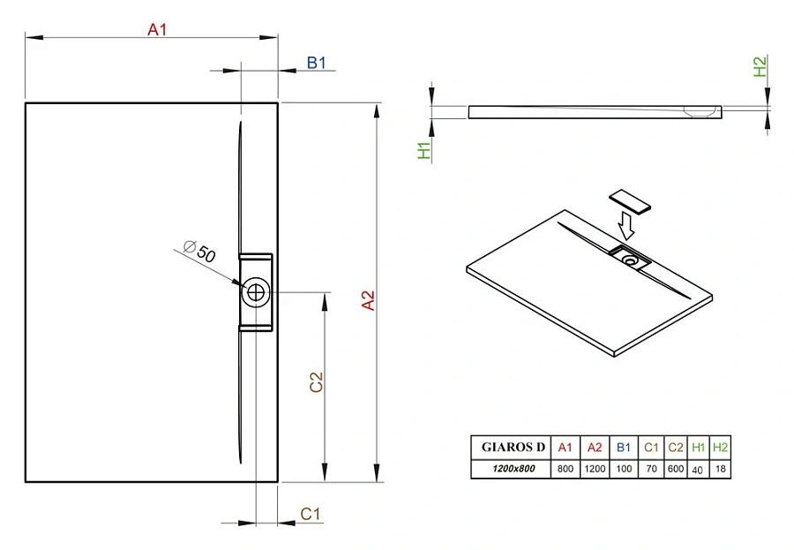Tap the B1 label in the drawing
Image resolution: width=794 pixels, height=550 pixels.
(317, 62)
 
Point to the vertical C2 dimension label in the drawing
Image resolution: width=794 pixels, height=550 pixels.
(317, 381)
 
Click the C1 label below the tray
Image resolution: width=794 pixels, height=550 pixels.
(311, 513)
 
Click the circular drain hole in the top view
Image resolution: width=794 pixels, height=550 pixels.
(256, 292)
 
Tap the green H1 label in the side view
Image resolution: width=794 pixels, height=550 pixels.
(424, 151)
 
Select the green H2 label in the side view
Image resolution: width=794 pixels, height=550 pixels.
(760, 67)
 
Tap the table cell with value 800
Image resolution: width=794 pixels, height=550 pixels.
(566, 469)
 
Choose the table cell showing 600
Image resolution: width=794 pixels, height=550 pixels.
(675, 469)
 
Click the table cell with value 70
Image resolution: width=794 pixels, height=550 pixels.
(651, 469)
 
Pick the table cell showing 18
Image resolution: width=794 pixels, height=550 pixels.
(721, 469)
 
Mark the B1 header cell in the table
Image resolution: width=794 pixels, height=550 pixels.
(624, 448)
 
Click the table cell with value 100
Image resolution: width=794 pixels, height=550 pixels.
(624, 469)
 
